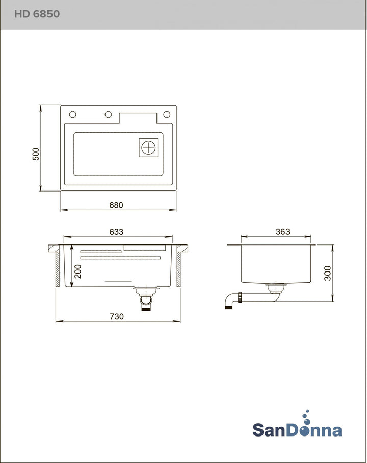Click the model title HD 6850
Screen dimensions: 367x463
37,14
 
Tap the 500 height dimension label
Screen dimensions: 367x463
36,154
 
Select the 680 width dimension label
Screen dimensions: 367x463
116,205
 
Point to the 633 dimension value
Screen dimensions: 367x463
116,232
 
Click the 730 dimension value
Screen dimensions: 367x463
117,316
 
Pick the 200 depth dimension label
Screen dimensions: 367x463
77,271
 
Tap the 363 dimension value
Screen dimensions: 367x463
283,232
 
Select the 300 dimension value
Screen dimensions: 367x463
328,273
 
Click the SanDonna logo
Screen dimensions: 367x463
297,429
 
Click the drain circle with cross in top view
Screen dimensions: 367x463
148,147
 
